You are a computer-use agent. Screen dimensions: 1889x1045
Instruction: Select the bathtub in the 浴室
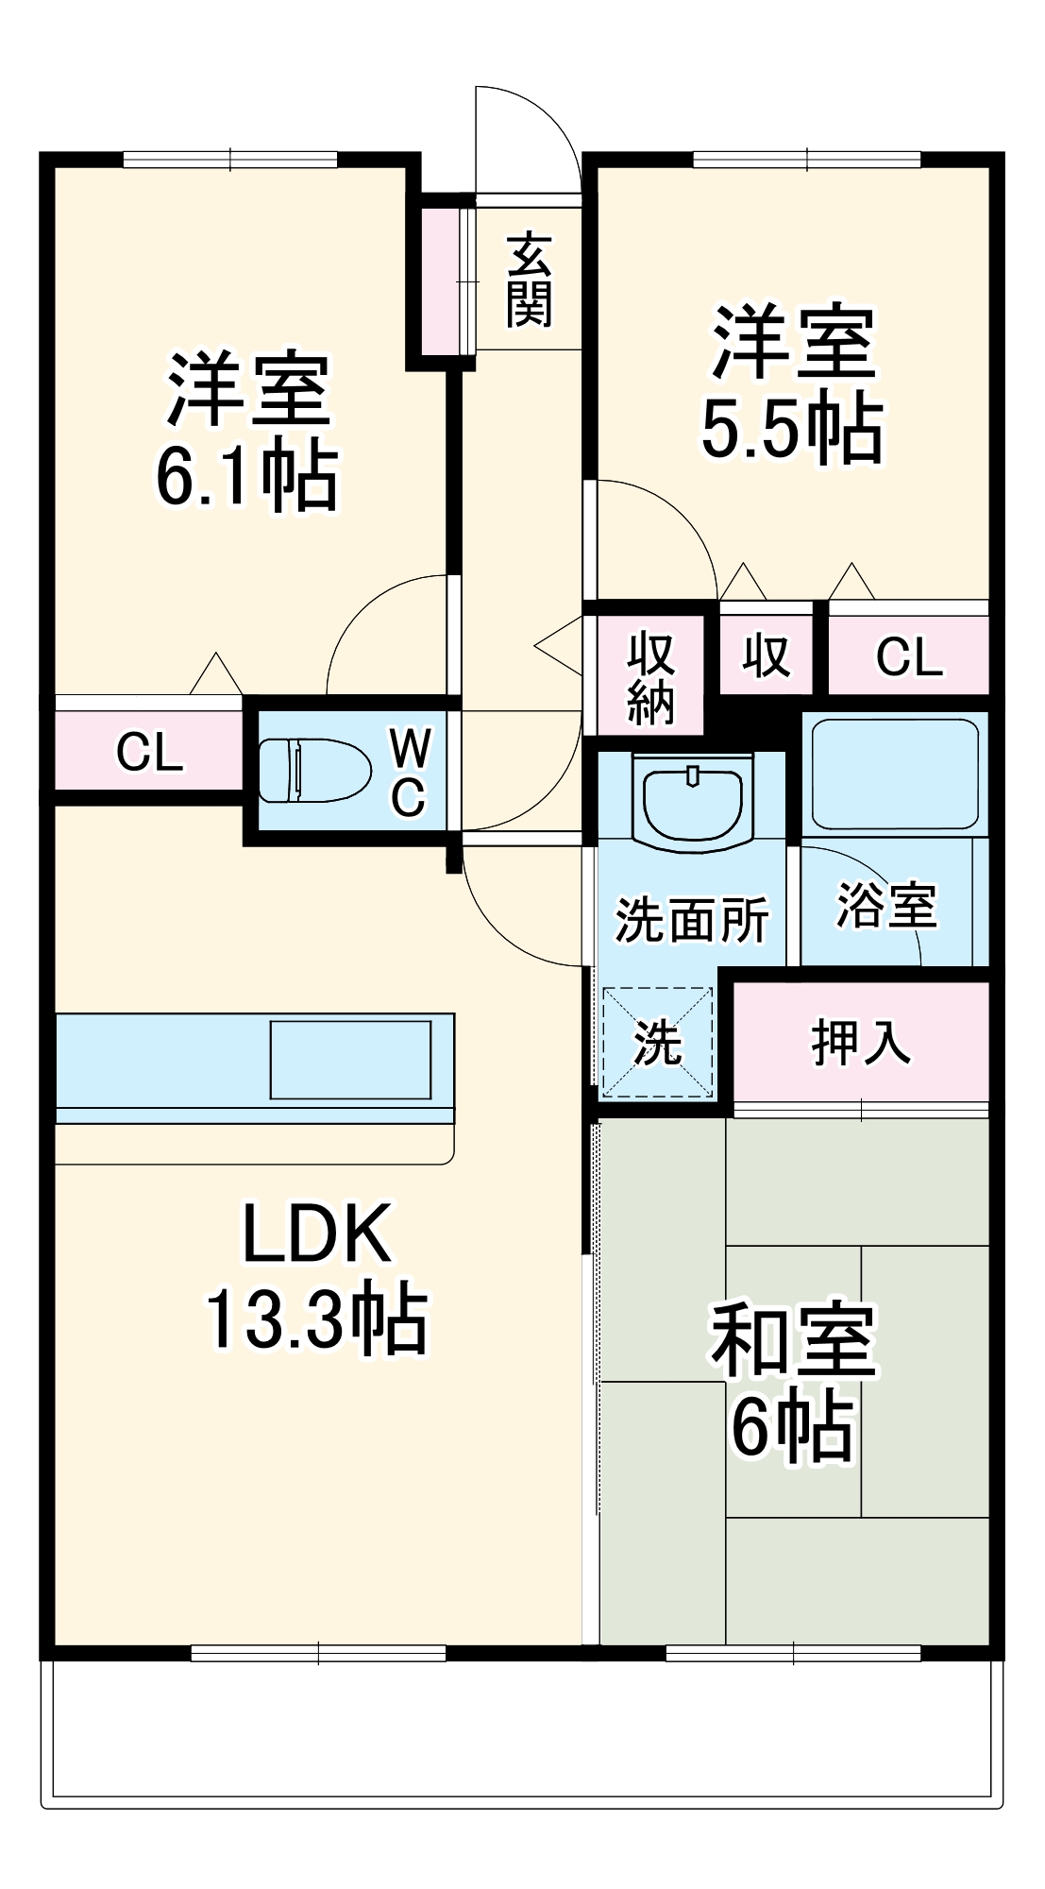click(x=894, y=774)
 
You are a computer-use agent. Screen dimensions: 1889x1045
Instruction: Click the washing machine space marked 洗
click(x=657, y=1042)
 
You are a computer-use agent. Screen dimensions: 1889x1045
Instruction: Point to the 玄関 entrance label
click(x=529, y=280)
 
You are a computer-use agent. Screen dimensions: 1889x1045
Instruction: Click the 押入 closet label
click(x=861, y=1043)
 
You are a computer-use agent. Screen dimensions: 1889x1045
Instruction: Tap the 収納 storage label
click(x=650, y=677)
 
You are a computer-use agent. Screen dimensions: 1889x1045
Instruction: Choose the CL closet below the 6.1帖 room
click(x=149, y=752)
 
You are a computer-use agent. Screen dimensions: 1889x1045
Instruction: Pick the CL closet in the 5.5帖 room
click(x=908, y=656)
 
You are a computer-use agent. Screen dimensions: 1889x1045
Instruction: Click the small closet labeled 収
click(x=766, y=655)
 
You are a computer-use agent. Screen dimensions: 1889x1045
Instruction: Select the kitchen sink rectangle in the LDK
click(x=350, y=1059)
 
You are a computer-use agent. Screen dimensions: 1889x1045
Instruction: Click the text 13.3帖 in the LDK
click(x=316, y=1319)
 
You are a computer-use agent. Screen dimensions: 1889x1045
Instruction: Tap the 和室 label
click(x=793, y=1340)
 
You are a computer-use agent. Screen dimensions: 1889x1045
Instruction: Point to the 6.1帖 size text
click(x=246, y=475)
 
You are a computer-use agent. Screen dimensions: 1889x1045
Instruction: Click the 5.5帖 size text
click(x=792, y=429)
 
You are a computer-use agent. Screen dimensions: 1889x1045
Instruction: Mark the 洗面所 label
click(x=692, y=918)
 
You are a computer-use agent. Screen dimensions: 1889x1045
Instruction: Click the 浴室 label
click(x=886, y=905)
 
